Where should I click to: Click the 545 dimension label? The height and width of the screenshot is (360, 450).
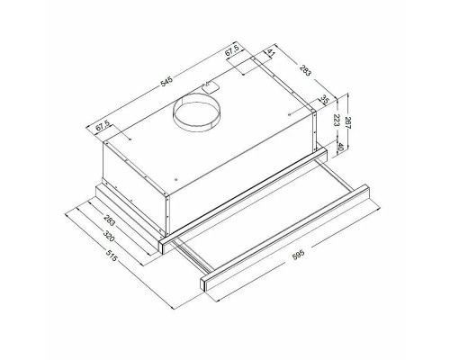point(167,82)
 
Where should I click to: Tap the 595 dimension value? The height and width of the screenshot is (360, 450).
point(298,255)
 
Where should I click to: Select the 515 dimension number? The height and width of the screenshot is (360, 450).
point(111,255)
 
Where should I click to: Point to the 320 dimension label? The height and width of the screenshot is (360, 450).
point(108,236)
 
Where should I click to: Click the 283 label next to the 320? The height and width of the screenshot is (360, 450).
point(109,220)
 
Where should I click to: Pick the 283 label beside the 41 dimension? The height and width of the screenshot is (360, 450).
point(306,69)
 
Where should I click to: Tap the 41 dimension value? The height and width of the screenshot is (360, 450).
point(271,53)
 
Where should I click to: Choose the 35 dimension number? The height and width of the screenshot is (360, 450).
point(324,99)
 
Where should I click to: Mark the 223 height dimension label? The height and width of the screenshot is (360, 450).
point(337,120)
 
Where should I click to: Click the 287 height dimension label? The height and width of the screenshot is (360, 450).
point(348,123)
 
